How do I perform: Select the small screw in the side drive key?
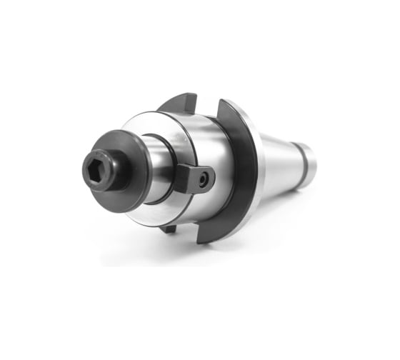206,180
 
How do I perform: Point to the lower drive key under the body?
169,229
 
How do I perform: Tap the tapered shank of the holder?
282,157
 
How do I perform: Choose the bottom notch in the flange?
187,232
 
